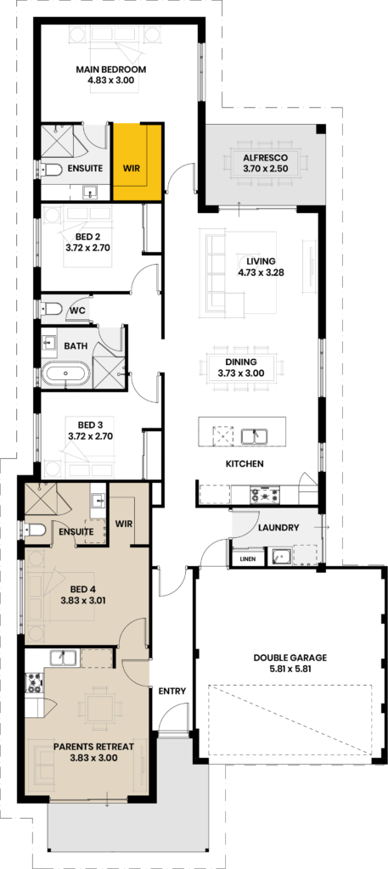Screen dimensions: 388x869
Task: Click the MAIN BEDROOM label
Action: pos(111,70)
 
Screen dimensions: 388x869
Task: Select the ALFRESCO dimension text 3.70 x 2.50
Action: pos(266,168)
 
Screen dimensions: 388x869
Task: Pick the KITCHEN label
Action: pos(244,463)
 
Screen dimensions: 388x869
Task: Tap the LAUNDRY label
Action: pos(278,528)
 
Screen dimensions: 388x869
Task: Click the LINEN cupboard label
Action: pos(248,559)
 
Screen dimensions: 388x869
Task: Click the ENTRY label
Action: pos(172,691)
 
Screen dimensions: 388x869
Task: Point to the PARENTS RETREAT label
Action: pos(93,747)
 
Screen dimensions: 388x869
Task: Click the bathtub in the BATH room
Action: pos(65,373)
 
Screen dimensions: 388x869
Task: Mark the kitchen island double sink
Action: pos(255,437)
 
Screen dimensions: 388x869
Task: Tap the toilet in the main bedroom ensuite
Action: pos(49,170)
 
